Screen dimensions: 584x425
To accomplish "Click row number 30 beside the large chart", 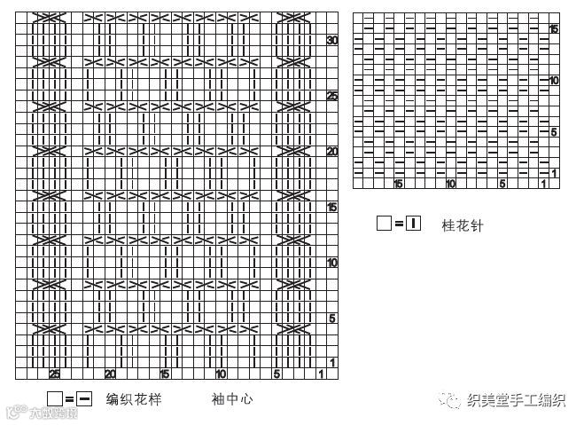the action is point(332,41).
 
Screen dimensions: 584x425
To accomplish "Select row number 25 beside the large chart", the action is point(332,96).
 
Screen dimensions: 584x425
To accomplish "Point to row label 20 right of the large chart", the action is point(332,152).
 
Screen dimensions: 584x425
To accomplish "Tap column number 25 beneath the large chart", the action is point(55,374).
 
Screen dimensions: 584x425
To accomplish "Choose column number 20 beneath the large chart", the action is point(110,374).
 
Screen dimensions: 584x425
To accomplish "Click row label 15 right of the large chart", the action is point(332,207).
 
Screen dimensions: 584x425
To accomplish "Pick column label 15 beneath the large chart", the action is point(165,374).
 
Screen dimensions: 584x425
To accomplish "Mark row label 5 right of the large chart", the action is point(332,318).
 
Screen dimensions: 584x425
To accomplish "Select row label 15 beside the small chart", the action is point(554,29).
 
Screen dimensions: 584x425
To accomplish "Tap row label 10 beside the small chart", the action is point(554,80).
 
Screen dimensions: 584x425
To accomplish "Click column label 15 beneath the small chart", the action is point(399,184).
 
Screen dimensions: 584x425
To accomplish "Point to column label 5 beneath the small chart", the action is point(502,184).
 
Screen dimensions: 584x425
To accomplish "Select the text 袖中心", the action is point(232,399).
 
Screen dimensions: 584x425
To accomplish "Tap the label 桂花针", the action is point(463,225).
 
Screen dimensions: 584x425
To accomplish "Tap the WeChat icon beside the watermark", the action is point(454,400).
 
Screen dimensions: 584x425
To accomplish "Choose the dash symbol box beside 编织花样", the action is point(85,399).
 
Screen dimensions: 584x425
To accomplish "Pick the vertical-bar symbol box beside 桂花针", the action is point(414,224).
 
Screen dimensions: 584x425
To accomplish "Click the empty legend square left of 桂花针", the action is point(384,224).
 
